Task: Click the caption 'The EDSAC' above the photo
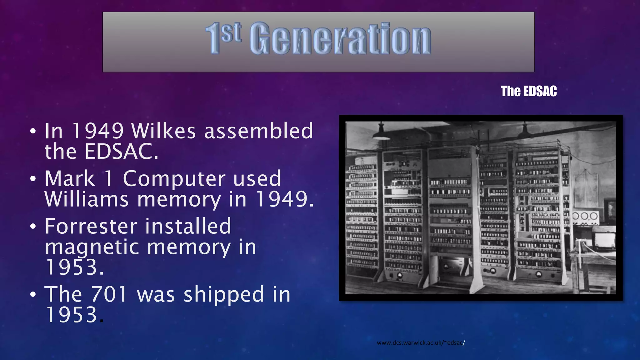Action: coord(529,91)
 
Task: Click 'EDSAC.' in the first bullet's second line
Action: coord(121,152)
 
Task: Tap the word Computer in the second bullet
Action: coord(174,179)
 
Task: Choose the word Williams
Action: coord(87,199)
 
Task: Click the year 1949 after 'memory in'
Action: coord(284,199)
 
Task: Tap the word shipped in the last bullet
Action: coord(224,294)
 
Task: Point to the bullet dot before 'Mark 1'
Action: coord(33,179)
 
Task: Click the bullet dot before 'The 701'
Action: coord(33,295)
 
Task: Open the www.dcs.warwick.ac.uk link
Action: coord(421,343)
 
